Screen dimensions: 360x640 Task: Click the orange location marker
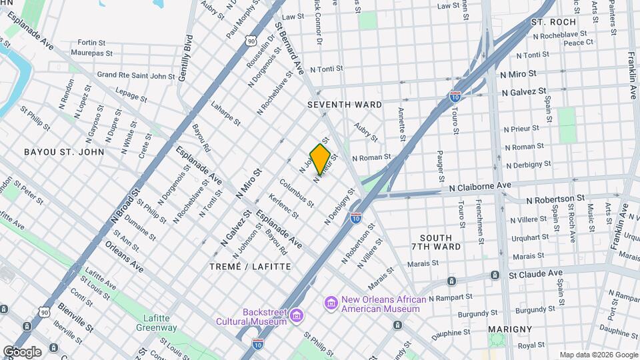tap(321, 159)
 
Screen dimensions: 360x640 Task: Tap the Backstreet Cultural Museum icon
tap(297, 315)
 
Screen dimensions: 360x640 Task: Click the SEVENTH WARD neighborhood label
tap(345, 105)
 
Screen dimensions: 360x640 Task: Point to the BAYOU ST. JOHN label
tap(64, 152)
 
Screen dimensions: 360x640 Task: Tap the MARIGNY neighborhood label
tap(510, 329)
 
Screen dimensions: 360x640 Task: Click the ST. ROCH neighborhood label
tap(553, 22)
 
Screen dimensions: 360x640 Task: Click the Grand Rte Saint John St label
tap(136, 75)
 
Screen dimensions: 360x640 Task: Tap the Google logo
tap(21, 351)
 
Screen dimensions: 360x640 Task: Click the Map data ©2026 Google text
tap(598, 355)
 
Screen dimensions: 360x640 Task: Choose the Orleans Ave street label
tap(124, 256)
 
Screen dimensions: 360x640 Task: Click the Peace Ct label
tap(578, 43)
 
